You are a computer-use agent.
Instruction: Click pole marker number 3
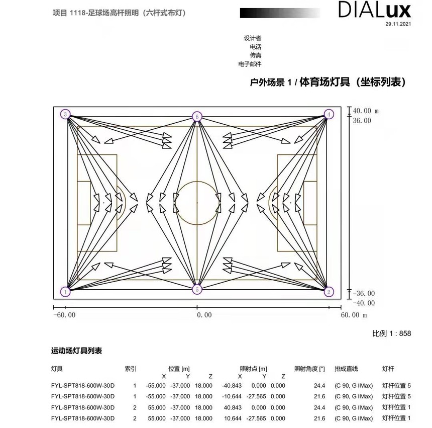65,114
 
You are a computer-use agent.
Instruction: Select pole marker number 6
197,117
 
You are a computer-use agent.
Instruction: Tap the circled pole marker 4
329,114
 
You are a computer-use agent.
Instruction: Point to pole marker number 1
65,292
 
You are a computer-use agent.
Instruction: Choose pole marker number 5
197,290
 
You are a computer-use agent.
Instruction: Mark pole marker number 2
329,292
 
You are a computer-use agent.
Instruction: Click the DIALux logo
374,10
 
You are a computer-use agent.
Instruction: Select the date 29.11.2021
398,24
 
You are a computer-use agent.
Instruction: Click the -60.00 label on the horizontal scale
64,315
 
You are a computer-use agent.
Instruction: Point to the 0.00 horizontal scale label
204,315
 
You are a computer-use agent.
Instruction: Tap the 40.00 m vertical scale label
366,111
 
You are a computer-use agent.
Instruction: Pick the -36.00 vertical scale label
364,293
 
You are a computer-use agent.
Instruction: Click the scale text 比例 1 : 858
391,333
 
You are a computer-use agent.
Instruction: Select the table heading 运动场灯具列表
76,351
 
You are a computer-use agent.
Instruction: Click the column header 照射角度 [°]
309,369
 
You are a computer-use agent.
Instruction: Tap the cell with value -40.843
232,386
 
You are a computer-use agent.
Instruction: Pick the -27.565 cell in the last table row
256,418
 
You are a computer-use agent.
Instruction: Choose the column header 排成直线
346,369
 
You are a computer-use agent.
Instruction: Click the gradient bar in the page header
280,13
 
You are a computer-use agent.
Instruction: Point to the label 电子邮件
250,64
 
